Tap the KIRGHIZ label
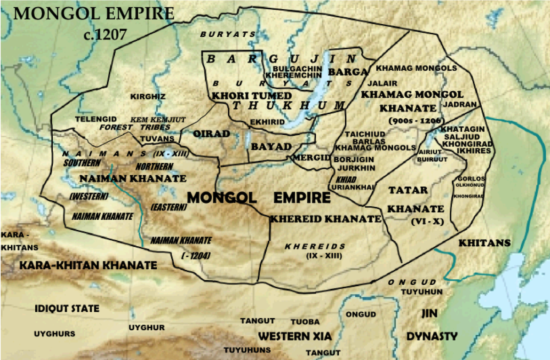148,97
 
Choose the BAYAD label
271,147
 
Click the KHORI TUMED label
251,96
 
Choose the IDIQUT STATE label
67,308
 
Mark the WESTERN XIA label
295,336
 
